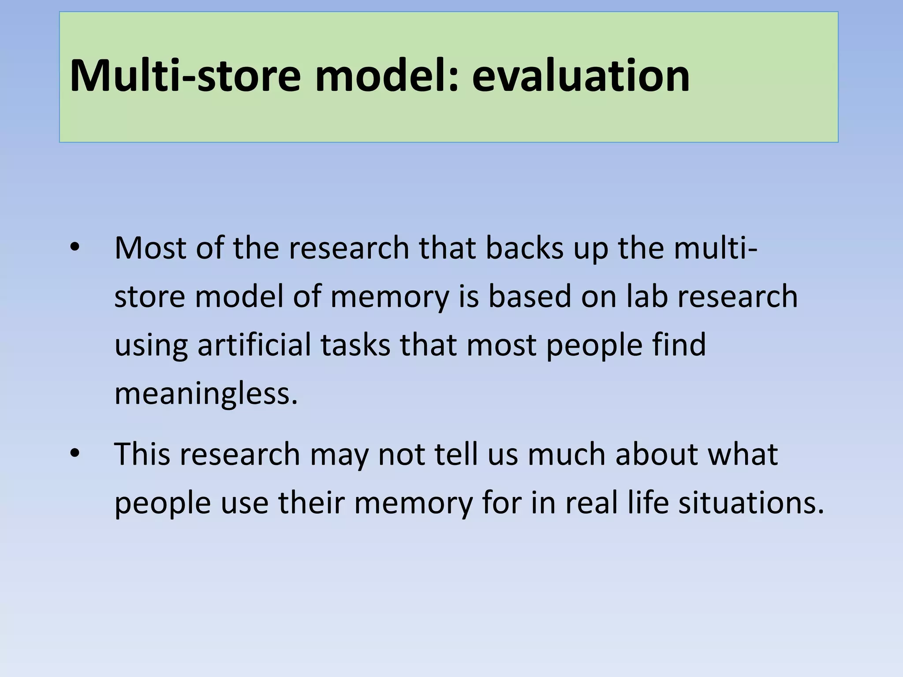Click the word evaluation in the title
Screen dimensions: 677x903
tap(580, 76)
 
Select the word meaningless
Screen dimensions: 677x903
tap(206, 394)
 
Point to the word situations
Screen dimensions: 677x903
tap(751, 502)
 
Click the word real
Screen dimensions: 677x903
tap(592, 502)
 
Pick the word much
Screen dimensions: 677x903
tap(567, 454)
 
